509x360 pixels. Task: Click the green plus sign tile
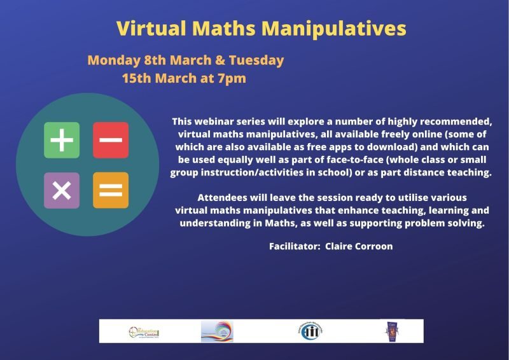[x=62, y=140]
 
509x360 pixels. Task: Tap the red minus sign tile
[x=111, y=140]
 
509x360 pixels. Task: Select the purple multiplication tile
[x=62, y=190]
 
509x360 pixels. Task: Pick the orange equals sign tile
[x=111, y=190]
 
